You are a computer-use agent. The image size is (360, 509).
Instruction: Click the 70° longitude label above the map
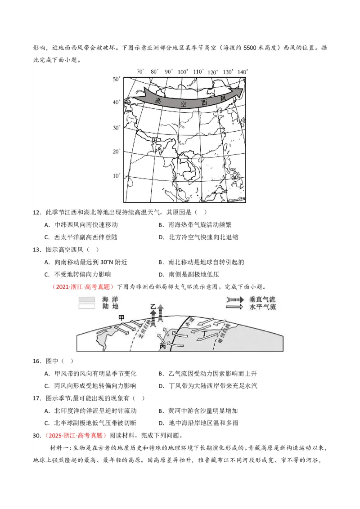tap(140, 71)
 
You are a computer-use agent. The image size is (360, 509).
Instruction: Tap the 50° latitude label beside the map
tap(117, 79)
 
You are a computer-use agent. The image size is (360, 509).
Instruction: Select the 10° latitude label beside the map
tap(117, 175)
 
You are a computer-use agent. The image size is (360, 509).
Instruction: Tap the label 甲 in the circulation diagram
tap(121, 317)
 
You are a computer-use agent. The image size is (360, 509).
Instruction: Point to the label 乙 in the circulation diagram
tap(153, 307)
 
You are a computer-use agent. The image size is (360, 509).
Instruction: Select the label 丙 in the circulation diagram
tap(163, 347)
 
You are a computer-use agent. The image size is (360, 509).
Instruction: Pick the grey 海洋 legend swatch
tap(86, 299)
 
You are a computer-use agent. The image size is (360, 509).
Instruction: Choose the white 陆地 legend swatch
tap(86, 306)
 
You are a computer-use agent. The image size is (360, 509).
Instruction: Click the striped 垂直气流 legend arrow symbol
tap(234, 299)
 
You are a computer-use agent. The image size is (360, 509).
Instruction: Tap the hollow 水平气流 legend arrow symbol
tap(234, 307)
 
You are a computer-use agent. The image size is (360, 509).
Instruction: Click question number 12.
tap(37, 212)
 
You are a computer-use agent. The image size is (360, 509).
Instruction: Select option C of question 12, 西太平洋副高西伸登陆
tap(81, 237)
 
